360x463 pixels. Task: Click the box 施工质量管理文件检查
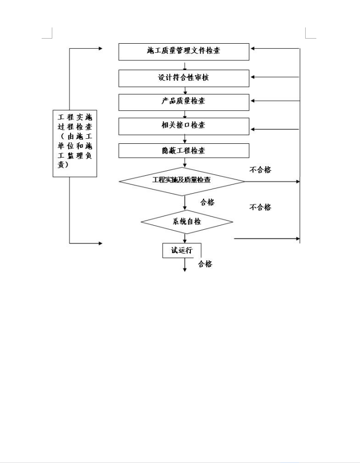[184, 52]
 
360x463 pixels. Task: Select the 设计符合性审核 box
[184, 78]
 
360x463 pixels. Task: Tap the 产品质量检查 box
[184, 102]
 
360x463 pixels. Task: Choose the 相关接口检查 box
[184, 127]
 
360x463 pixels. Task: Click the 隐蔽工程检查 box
[184, 150]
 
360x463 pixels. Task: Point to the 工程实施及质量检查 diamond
[182, 181]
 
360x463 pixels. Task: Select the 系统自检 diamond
[187, 222]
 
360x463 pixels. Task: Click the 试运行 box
[182, 251]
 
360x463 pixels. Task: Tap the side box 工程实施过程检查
[75, 143]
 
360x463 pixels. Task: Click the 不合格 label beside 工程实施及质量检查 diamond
[260, 170]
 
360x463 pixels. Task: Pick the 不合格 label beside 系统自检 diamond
[260, 207]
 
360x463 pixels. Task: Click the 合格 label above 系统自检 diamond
[207, 202]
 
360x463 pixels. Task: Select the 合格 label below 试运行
[205, 264]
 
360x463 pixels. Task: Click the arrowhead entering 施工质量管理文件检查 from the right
[252, 48]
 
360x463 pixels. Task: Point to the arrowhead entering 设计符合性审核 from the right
[252, 77]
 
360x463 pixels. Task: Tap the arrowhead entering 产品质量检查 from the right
[252, 101]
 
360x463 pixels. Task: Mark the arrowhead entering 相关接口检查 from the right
[252, 129]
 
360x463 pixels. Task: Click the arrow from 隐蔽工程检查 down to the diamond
[185, 163]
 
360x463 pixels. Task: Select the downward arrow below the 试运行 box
[185, 265]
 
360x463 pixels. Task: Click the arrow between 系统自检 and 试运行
[185, 238]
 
